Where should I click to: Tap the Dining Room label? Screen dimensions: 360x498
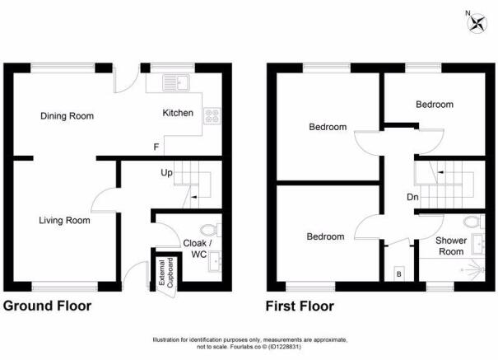tap(67, 116)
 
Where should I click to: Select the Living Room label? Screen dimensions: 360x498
tap(65, 220)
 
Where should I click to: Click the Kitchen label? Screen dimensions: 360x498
tap(178, 113)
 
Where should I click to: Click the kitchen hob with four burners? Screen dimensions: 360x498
tap(211, 116)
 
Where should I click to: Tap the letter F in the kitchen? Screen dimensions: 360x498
tap(156, 147)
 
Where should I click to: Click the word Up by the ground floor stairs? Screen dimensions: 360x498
tap(165, 174)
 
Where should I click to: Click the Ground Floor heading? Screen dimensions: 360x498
tap(48, 306)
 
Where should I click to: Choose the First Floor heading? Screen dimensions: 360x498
tap(300, 306)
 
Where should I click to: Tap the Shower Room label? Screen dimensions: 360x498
tap(450, 245)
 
